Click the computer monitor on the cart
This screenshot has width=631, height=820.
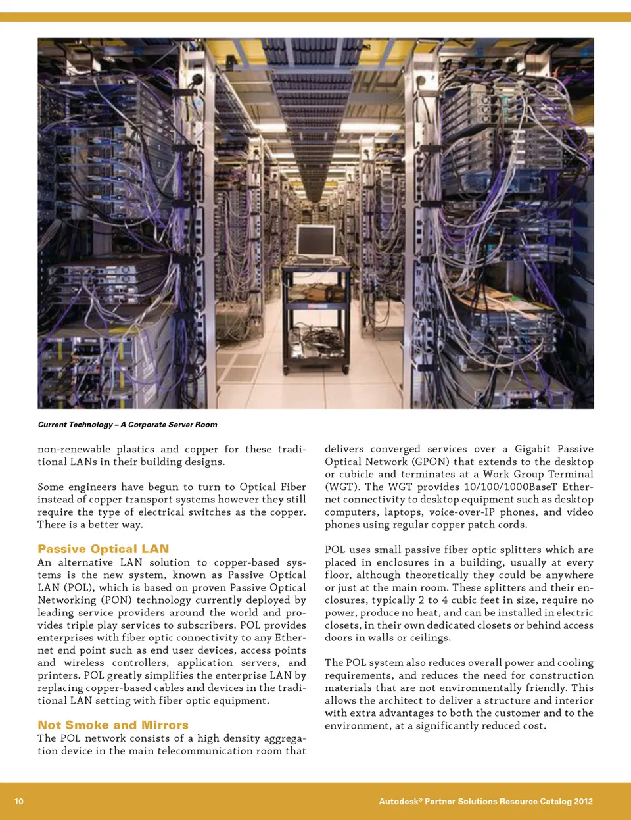(x=315, y=241)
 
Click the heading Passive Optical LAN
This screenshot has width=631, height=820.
(x=103, y=548)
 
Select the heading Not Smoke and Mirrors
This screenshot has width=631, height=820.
(x=113, y=725)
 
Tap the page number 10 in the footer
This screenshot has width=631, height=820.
(x=19, y=801)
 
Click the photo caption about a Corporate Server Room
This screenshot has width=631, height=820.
(x=128, y=425)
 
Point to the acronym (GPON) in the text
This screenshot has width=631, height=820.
(x=432, y=462)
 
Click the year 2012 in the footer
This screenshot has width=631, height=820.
(x=583, y=801)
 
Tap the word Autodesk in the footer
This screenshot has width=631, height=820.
(x=399, y=801)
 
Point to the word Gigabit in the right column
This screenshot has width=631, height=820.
(x=532, y=449)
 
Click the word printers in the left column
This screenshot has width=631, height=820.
(x=58, y=675)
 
